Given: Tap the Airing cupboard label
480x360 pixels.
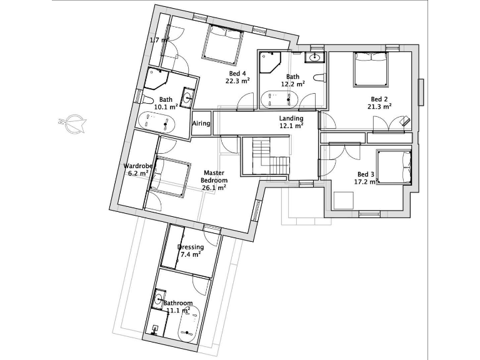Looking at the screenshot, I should pyautogui.click(x=201, y=123).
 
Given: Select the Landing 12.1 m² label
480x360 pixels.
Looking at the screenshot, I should pyautogui.click(x=291, y=122).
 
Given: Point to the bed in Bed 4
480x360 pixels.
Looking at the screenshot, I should pyautogui.click(x=222, y=45).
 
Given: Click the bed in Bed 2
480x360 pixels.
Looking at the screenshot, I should pyautogui.click(x=371, y=69).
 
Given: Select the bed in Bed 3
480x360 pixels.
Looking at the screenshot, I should pyautogui.click(x=394, y=167).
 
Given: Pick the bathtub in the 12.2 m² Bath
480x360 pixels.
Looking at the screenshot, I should pyautogui.click(x=279, y=98).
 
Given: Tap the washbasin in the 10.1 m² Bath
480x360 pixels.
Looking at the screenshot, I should pyautogui.click(x=187, y=97).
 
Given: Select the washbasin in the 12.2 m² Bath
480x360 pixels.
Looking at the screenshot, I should pyautogui.click(x=314, y=59).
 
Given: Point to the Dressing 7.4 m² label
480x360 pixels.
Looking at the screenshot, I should pyautogui.click(x=190, y=251).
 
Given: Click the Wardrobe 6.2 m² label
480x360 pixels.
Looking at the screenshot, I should pyautogui.click(x=136, y=169).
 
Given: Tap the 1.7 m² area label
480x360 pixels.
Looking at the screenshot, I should pyautogui.click(x=159, y=40).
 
